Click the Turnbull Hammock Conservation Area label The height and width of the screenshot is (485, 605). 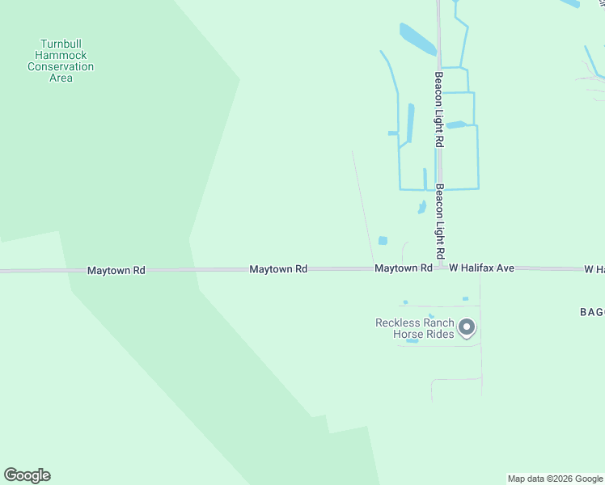[61, 61]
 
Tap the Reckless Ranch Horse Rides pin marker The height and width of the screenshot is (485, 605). [467, 328]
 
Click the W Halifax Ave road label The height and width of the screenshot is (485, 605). [482, 268]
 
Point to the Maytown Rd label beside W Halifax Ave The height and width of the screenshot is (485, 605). [403, 268]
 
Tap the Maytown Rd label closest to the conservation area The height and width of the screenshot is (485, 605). [116, 271]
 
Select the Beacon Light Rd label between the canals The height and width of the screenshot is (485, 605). [438, 109]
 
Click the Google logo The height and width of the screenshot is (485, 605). [27, 475]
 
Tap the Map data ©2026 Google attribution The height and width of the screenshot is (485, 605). [555, 479]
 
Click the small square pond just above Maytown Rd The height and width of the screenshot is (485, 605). [383, 240]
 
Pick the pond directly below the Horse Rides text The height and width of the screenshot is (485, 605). [412, 341]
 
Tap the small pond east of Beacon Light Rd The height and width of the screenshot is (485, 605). [456, 124]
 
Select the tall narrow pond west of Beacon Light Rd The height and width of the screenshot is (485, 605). [411, 123]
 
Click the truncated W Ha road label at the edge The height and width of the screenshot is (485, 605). [594, 268]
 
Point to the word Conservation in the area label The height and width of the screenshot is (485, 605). [61, 67]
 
